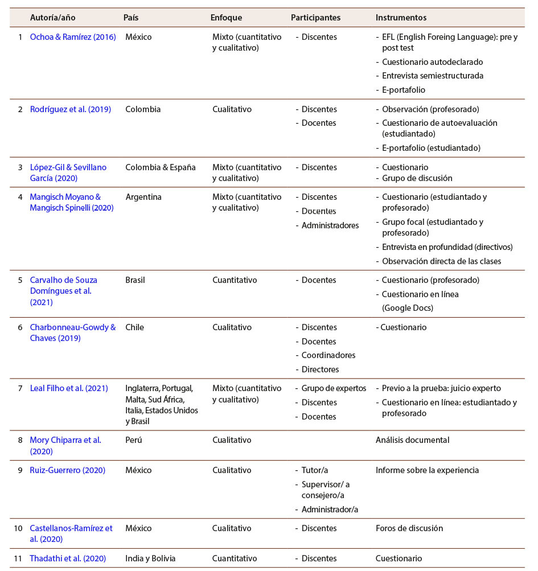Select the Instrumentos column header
pos(401,18)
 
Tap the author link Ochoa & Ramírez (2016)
pos(72,37)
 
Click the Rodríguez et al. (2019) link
pos(70,109)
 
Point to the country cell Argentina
pos(143,197)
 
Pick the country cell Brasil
pos(135,280)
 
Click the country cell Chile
pos(134,327)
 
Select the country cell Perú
pos(133,440)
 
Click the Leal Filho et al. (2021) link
pos(69,388)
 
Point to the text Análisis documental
pos(412,440)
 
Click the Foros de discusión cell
pos(409,528)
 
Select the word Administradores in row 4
pos(330,225)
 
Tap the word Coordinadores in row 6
pos(328,355)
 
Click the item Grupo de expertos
pos(334,388)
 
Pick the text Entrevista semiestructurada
pos(433,76)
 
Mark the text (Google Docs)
pos(408,308)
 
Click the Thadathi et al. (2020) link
pos(68,558)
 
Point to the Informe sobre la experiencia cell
pos(427,470)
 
